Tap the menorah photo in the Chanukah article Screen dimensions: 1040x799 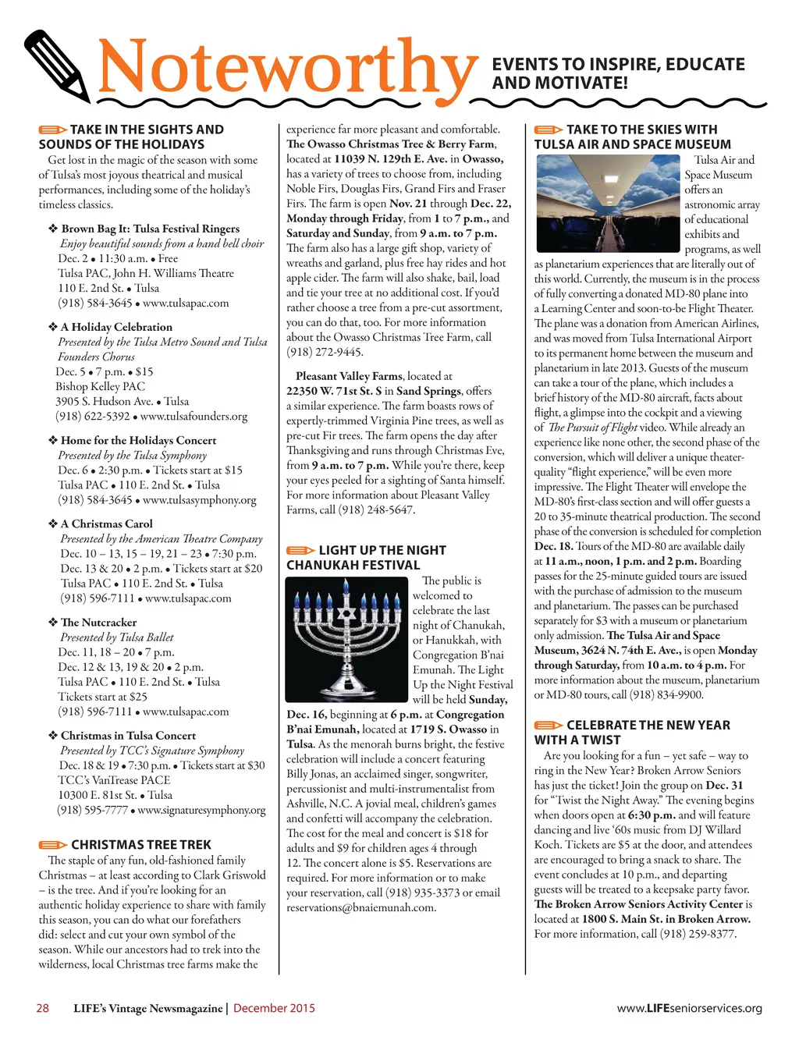347,634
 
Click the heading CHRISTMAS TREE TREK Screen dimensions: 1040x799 140,844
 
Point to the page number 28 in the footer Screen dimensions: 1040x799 43,1008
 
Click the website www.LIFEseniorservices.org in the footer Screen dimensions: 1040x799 689,1008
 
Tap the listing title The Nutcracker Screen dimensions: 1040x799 98,622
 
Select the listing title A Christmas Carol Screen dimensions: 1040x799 106,524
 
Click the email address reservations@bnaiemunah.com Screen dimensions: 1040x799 361,907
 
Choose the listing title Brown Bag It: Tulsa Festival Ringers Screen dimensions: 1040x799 150,229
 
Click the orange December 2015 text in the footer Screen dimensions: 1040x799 274,1008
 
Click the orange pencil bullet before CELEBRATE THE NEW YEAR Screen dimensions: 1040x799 548,726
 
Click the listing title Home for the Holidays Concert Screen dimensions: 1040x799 138,440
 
